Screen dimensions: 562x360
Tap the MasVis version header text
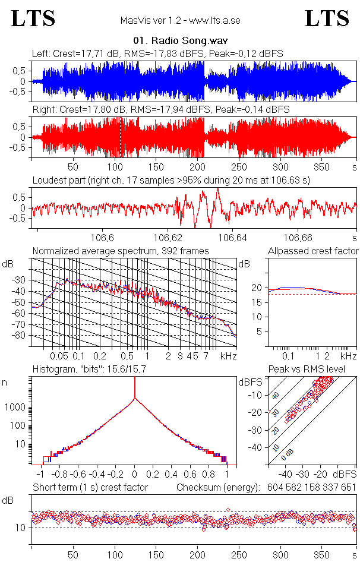(x=180, y=21)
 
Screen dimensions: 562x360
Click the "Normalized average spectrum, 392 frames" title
(x=121, y=251)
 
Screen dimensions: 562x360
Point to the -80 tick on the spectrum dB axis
(x=23, y=336)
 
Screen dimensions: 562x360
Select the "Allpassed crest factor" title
(x=313, y=251)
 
